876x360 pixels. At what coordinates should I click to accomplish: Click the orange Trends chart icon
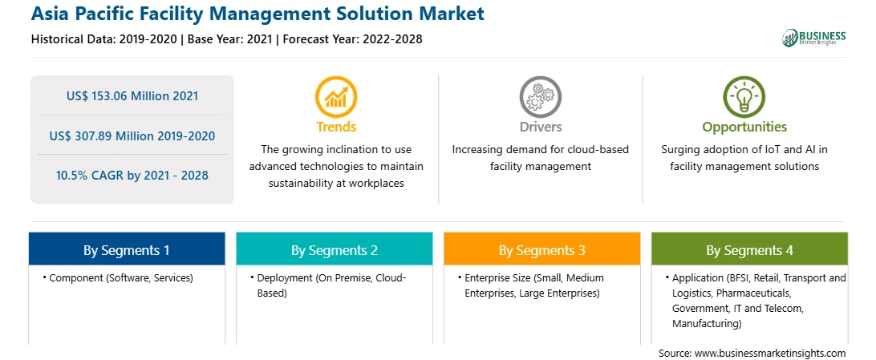[x=336, y=97]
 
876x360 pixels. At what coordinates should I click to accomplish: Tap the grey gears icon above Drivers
[x=540, y=97]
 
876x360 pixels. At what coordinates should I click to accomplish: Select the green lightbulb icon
[x=744, y=97]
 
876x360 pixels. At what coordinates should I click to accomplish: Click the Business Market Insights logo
[x=813, y=38]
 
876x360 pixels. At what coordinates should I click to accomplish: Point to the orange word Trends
[x=336, y=127]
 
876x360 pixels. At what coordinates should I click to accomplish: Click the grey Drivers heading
[x=540, y=127]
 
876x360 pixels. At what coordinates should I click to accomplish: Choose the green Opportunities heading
[x=744, y=127]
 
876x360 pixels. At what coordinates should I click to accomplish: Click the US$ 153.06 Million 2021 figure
[x=132, y=96]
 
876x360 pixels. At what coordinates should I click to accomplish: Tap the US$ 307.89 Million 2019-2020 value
[x=132, y=136]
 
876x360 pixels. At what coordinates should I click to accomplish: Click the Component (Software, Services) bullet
[x=118, y=278]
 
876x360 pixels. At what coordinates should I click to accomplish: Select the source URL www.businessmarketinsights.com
[x=770, y=354]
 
